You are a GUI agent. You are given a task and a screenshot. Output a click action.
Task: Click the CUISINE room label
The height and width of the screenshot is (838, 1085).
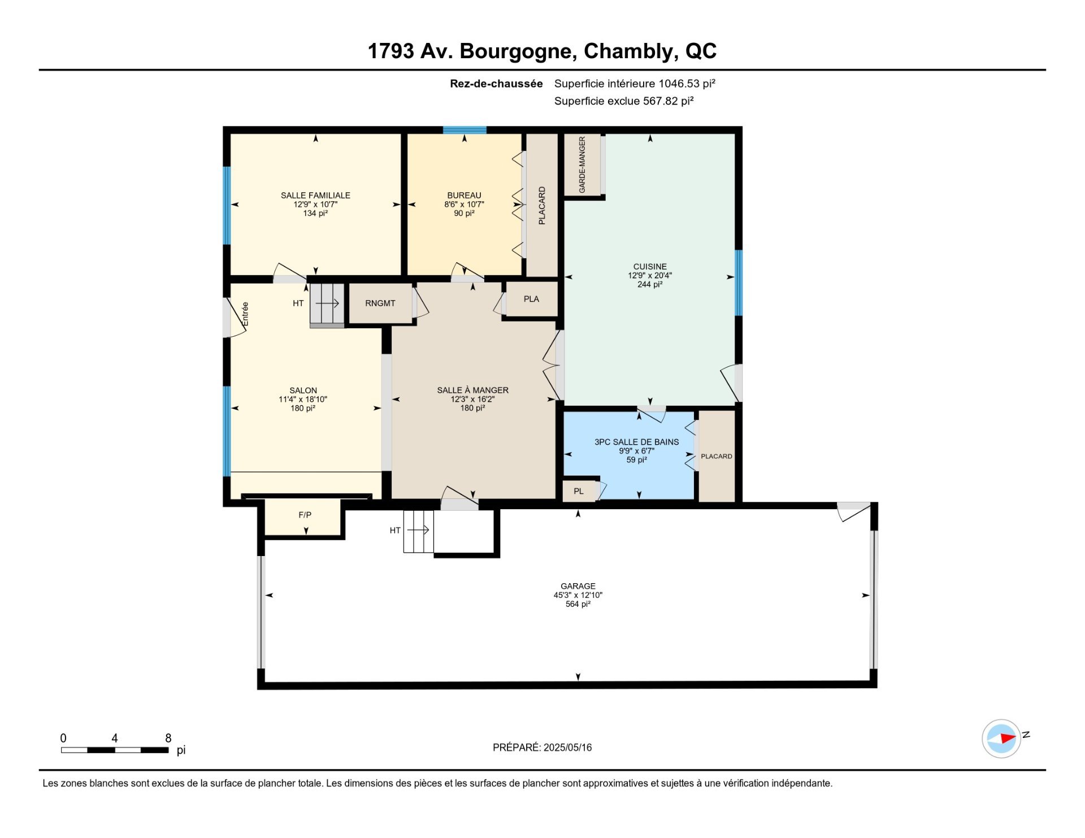coord(650,267)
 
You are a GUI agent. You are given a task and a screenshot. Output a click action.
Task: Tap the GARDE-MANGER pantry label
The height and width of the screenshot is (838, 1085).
coord(582,164)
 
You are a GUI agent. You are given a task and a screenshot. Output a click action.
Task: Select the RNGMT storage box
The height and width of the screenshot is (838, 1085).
coord(380,303)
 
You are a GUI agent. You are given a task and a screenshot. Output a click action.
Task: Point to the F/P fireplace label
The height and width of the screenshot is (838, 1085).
coord(305,515)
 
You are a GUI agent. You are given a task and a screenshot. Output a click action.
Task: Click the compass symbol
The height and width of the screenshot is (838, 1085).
coord(1002,738)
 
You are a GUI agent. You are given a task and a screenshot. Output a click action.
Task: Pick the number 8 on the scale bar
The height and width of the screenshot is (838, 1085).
coord(168,738)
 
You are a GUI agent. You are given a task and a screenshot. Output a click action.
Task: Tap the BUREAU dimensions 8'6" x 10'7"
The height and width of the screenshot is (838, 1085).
coord(465,205)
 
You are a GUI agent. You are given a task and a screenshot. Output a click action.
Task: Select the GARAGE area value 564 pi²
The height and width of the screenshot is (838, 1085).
coord(578,604)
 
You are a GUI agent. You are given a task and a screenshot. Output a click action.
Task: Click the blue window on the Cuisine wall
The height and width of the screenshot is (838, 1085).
coord(738,283)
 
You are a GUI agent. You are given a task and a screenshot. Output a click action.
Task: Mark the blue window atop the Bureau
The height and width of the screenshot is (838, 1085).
coord(465,130)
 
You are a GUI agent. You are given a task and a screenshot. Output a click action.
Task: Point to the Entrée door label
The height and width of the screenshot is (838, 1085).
coord(245,314)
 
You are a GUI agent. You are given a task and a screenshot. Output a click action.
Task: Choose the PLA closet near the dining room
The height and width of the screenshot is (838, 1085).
coord(531,299)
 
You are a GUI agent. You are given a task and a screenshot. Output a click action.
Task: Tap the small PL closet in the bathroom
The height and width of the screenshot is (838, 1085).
coord(579,491)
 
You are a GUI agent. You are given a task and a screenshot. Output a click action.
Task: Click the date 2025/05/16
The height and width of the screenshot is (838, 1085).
coord(567,747)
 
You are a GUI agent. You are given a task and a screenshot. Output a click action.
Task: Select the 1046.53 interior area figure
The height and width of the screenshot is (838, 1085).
coord(679,84)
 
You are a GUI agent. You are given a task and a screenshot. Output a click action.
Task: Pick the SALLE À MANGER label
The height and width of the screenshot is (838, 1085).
coord(473,390)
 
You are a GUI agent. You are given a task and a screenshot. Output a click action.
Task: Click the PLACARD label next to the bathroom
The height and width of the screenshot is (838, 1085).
coord(717,456)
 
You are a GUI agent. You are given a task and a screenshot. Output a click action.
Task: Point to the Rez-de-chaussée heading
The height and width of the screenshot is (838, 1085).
coord(496,84)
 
